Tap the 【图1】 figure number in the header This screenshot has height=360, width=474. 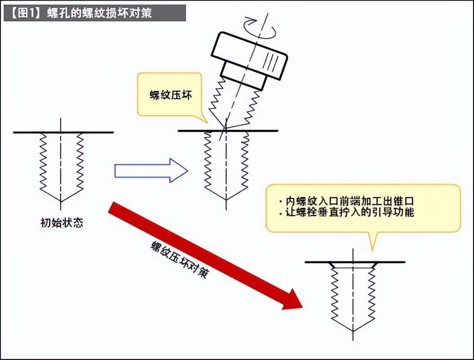click(25, 13)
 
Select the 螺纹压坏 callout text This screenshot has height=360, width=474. click(167, 95)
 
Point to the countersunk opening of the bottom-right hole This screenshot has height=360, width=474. click(353, 265)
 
